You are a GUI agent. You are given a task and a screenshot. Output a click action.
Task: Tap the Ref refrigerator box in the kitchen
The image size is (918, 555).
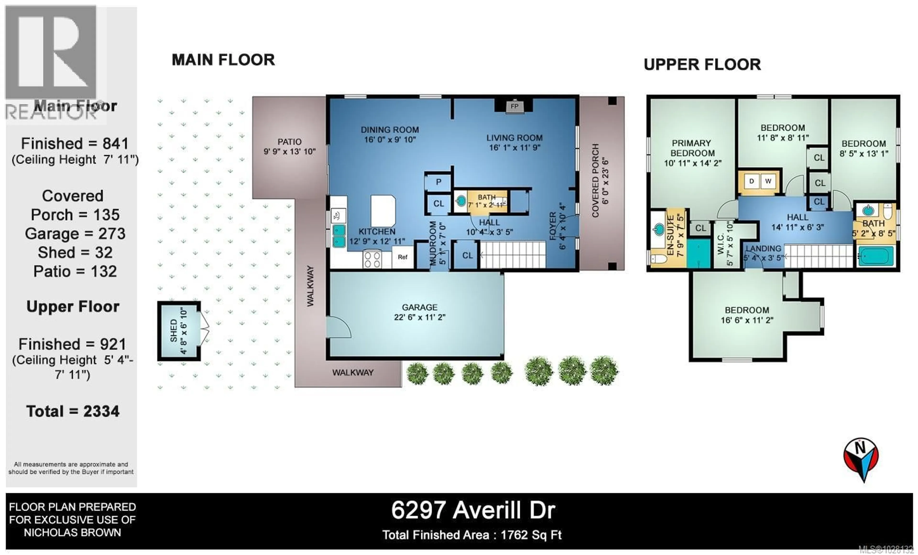tap(402, 257)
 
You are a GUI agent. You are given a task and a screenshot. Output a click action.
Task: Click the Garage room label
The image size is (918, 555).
tap(420, 312)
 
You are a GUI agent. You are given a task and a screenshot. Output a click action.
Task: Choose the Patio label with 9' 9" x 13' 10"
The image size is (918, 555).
tap(290, 146)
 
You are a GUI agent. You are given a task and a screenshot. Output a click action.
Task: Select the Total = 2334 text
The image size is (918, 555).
tap(73, 411)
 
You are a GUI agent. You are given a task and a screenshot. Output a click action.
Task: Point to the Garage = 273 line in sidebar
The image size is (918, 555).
tap(75, 234)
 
